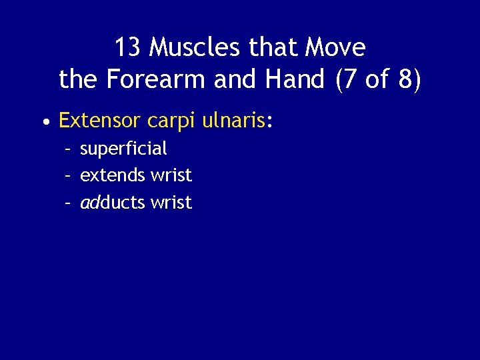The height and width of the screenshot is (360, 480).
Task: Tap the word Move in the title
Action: [335, 47]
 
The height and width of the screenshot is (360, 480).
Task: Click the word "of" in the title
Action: [377, 79]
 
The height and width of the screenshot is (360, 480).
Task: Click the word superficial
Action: [123, 149]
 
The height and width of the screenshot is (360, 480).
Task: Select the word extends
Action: [113, 175]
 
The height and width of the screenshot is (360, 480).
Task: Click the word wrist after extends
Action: [171, 175]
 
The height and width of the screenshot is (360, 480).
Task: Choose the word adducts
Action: [113, 203]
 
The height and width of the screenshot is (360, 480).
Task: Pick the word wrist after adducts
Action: [171, 203]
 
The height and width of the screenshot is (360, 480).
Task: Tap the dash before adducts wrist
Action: [68, 203]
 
